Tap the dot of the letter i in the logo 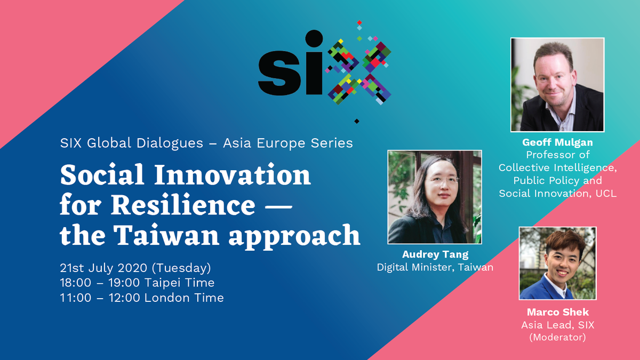pos(313,38)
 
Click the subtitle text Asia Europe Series pos(288,143)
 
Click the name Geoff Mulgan pos(557,143)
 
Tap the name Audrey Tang pos(435,255)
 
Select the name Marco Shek pos(557,312)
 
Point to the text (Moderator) pos(557,337)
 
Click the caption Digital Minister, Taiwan pos(435,267)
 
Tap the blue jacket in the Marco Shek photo pos(539,288)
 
